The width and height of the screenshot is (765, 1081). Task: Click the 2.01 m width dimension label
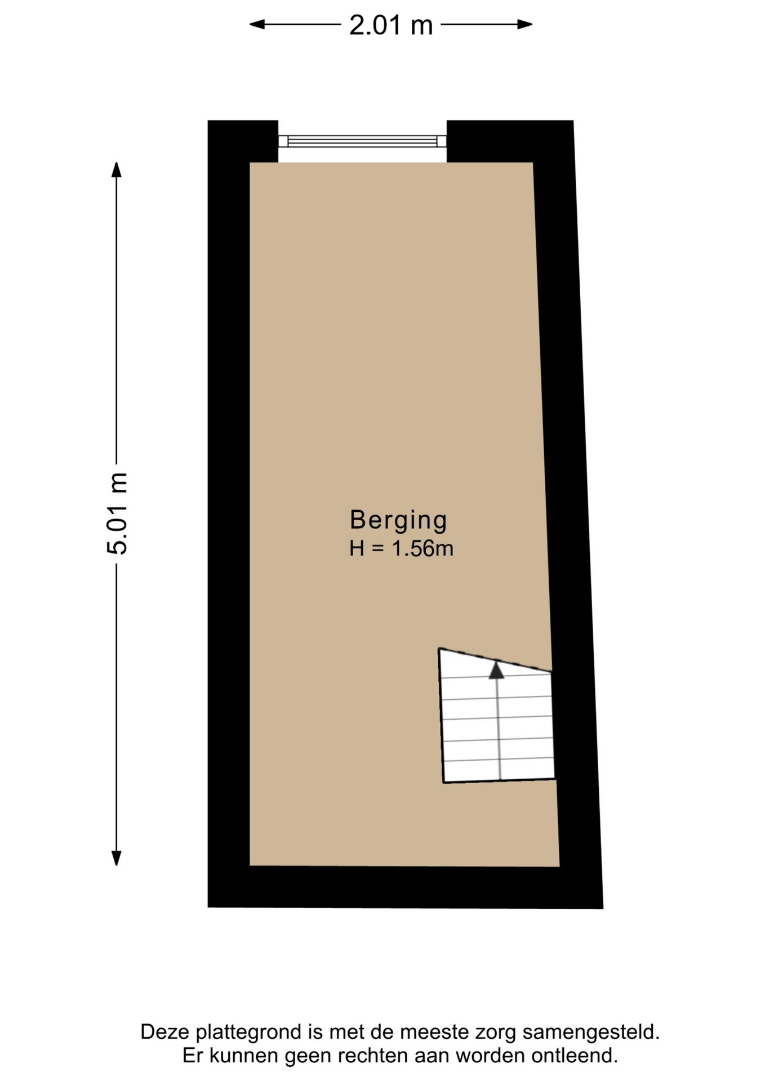[x=391, y=25]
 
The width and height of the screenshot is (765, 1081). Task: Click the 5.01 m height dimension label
[x=118, y=513]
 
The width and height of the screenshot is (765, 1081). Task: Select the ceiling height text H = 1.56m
[x=401, y=548]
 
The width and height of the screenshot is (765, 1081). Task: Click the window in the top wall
[x=362, y=141]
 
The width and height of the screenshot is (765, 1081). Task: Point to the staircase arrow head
[x=496, y=670]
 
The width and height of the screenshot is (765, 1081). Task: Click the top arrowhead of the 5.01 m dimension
[x=117, y=169]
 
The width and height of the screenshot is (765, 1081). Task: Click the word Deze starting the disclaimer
[x=166, y=1033]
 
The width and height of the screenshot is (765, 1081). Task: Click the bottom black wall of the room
[x=405, y=887]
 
